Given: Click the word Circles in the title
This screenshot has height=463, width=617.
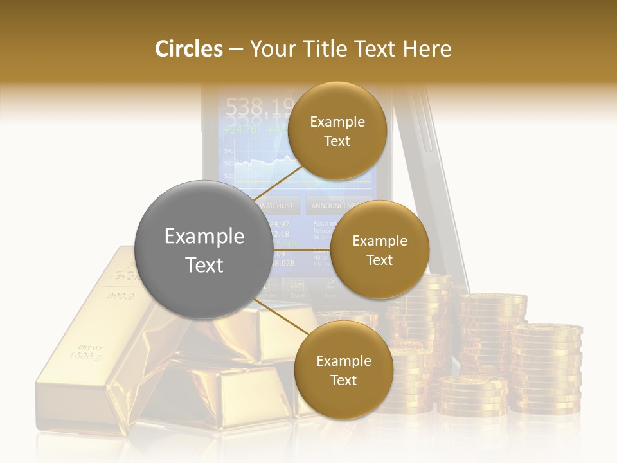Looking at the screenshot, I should (189, 49).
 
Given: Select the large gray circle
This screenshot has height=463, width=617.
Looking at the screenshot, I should (204, 250).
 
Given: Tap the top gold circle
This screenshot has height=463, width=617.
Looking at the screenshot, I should (337, 131).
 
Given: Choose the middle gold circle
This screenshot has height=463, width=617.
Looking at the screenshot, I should (379, 250).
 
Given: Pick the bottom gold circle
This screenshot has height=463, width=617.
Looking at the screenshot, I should (343, 370).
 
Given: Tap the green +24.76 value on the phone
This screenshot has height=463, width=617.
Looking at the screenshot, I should (239, 129).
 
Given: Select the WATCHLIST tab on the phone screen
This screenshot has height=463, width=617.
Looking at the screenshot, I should (278, 206).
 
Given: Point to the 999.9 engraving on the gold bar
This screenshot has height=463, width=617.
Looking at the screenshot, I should (120, 296).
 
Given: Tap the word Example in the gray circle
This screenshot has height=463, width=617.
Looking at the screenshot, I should (204, 237).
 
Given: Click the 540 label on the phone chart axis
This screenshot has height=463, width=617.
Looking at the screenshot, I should (228, 150).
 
